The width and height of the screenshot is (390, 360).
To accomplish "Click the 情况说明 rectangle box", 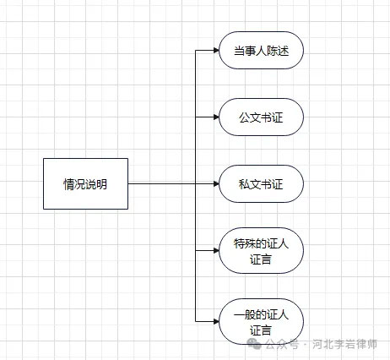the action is click(85, 183).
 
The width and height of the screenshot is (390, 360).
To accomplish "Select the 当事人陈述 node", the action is click(261, 51).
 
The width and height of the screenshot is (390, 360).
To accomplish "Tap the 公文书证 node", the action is click(261, 117).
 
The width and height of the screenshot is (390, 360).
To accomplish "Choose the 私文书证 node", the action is click(261, 183).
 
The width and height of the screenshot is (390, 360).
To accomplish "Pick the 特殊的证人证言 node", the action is click(261, 251).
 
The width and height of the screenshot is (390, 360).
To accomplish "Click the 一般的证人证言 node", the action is click(261, 322).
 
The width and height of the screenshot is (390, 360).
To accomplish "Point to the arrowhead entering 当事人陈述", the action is click(216, 51).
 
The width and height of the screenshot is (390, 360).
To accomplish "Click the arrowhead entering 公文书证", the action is click(216, 117).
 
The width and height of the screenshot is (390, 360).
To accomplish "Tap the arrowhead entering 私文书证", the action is click(216, 184).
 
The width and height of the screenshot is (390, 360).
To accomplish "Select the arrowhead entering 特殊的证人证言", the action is click(216, 251).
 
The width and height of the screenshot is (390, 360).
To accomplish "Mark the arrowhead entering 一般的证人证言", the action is click(216, 322).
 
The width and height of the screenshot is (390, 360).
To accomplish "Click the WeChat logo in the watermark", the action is click(254, 344).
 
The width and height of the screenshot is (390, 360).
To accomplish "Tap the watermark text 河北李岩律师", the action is click(344, 344).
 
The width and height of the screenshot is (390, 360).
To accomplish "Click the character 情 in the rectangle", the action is click(68, 184).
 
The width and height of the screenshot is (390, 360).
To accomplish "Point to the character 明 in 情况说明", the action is click(101, 184).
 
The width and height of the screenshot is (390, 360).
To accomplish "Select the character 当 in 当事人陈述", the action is click(240, 52).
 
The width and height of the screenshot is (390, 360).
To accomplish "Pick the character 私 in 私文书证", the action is click(244, 184).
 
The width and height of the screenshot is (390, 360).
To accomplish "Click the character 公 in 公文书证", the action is click(244, 117).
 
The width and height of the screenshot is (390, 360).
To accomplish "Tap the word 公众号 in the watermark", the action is click(282, 344).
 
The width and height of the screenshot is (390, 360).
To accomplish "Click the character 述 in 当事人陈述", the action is click(284, 52).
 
